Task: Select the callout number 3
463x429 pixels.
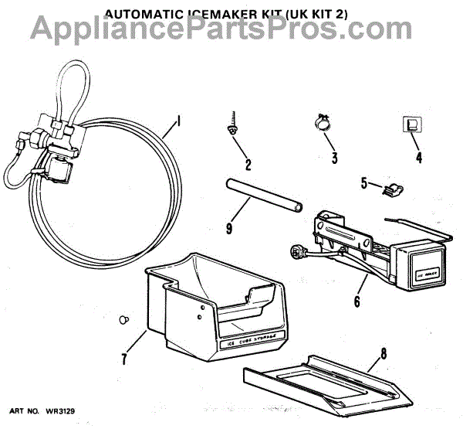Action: tap(334, 158)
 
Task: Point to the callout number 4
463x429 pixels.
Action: tap(418, 158)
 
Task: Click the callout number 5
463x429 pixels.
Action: tap(364, 183)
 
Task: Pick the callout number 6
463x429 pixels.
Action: tap(357, 301)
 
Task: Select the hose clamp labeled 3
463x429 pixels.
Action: tap(322, 121)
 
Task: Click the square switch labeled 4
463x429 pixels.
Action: tap(411, 124)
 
